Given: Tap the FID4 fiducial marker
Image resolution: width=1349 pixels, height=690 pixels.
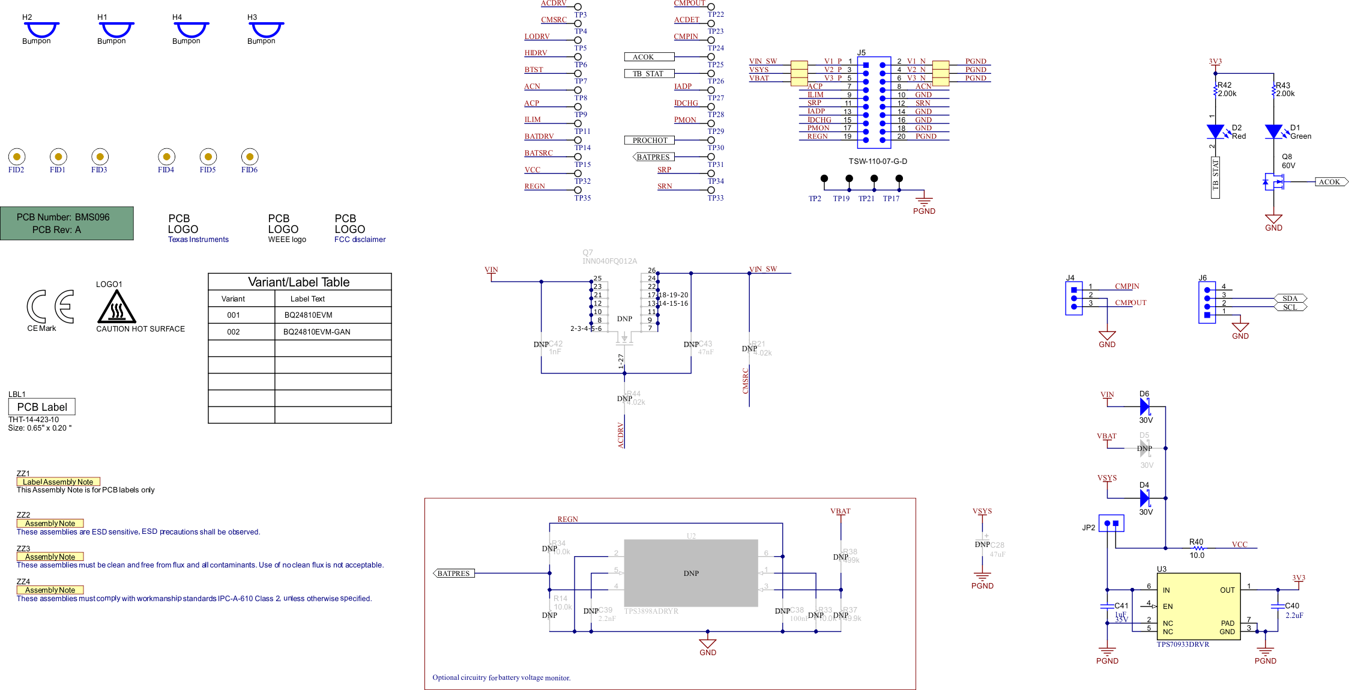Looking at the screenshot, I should click(x=166, y=157).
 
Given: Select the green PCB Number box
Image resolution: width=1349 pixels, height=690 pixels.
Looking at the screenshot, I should click(x=67, y=223).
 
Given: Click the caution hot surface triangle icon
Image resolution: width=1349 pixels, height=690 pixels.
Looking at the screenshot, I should click(x=116, y=307).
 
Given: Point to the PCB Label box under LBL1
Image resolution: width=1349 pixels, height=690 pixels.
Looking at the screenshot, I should click(x=42, y=407).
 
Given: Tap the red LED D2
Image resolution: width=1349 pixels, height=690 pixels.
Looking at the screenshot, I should click(x=1216, y=132).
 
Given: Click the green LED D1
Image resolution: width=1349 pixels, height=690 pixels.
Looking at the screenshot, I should click(x=1273, y=132).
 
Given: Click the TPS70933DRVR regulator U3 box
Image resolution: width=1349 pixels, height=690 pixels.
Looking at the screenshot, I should click(x=1198, y=606).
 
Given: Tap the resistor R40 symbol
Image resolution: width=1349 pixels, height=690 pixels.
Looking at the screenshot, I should click(x=1198, y=548).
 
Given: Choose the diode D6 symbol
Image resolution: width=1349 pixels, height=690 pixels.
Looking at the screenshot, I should click(x=1144, y=407).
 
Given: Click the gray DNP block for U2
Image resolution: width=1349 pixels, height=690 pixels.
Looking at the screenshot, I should click(x=691, y=573).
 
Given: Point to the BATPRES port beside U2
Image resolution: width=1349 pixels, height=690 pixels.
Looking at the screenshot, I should click(x=454, y=573).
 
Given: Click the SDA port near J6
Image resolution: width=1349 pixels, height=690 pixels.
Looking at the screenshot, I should click(x=1290, y=298).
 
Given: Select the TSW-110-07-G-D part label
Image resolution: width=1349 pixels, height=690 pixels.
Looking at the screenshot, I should click(x=878, y=162).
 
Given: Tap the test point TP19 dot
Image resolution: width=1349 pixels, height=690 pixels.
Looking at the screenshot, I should click(x=849, y=178).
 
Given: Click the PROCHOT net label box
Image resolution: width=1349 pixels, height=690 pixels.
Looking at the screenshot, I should click(x=650, y=141).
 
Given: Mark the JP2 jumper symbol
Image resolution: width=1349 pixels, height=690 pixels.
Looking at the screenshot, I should click(x=1111, y=524).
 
